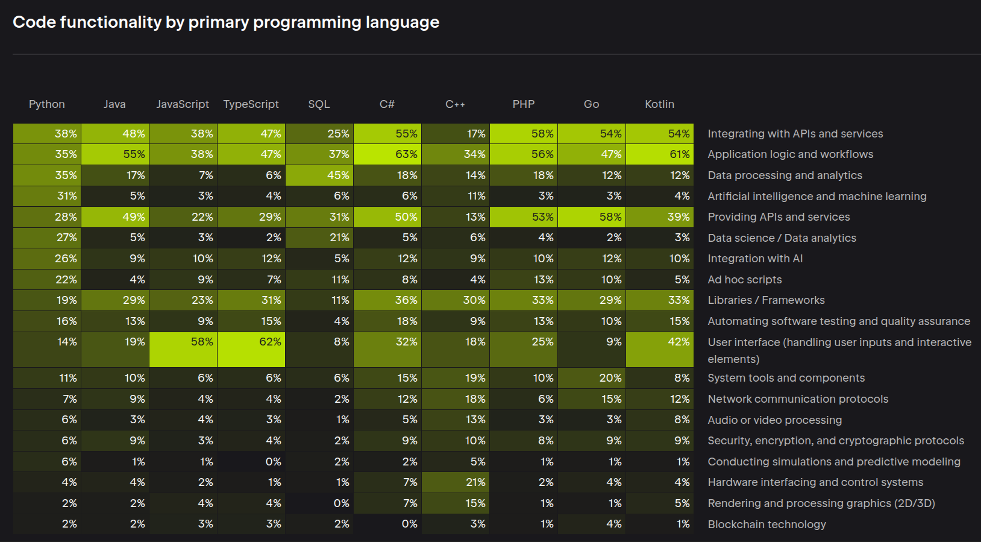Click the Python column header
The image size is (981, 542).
click(47, 104)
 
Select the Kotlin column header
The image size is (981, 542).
click(660, 104)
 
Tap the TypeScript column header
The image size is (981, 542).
click(251, 104)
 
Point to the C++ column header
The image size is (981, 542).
click(455, 104)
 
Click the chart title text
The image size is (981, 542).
click(226, 22)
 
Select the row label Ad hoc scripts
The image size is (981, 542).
click(745, 280)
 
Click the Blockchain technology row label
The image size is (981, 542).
click(767, 524)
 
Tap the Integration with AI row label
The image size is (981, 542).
click(755, 259)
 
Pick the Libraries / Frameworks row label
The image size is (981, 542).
click(766, 300)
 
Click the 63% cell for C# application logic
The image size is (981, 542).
click(387, 154)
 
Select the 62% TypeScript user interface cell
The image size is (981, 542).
click(251, 349)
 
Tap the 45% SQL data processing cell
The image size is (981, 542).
click(319, 175)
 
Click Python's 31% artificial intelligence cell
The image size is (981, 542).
click(47, 196)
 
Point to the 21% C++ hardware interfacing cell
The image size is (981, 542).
click(456, 482)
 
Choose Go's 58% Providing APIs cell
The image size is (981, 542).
click(592, 217)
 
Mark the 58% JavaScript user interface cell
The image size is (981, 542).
click(183, 349)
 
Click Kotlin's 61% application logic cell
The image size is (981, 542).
click(660, 154)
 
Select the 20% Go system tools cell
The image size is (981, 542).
click(592, 377)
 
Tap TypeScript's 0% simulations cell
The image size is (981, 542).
click(251, 461)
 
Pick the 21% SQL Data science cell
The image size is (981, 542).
click(319, 238)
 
